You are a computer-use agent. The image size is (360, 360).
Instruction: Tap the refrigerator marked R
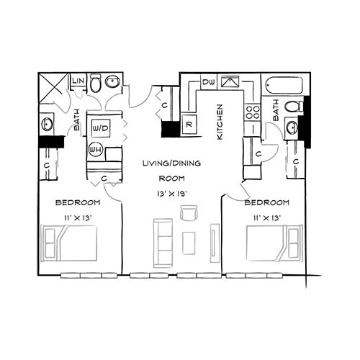(189, 125)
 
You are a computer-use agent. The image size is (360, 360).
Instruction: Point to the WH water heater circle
(96, 150)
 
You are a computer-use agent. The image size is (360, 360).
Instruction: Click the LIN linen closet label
(78, 81)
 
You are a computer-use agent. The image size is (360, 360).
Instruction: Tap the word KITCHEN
(220, 122)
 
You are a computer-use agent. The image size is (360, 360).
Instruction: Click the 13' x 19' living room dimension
(172, 194)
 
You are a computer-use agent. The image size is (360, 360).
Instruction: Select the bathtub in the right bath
(284, 86)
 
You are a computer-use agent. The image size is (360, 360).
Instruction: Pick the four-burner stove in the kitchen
(253, 112)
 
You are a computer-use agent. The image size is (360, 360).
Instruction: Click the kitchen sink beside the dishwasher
(230, 81)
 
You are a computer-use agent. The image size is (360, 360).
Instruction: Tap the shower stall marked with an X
(53, 89)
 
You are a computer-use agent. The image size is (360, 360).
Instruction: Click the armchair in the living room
(189, 213)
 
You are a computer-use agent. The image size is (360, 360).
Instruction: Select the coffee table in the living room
(189, 243)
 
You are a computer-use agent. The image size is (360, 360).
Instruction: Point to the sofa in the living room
(163, 243)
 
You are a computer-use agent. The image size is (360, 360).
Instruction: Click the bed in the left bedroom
(69, 243)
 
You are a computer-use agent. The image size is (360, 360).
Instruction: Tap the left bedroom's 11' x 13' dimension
(78, 218)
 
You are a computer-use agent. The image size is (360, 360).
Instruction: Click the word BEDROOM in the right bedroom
(266, 202)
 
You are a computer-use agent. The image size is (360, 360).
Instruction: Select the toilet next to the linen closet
(96, 83)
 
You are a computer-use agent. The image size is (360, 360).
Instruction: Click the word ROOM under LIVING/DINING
(172, 179)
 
